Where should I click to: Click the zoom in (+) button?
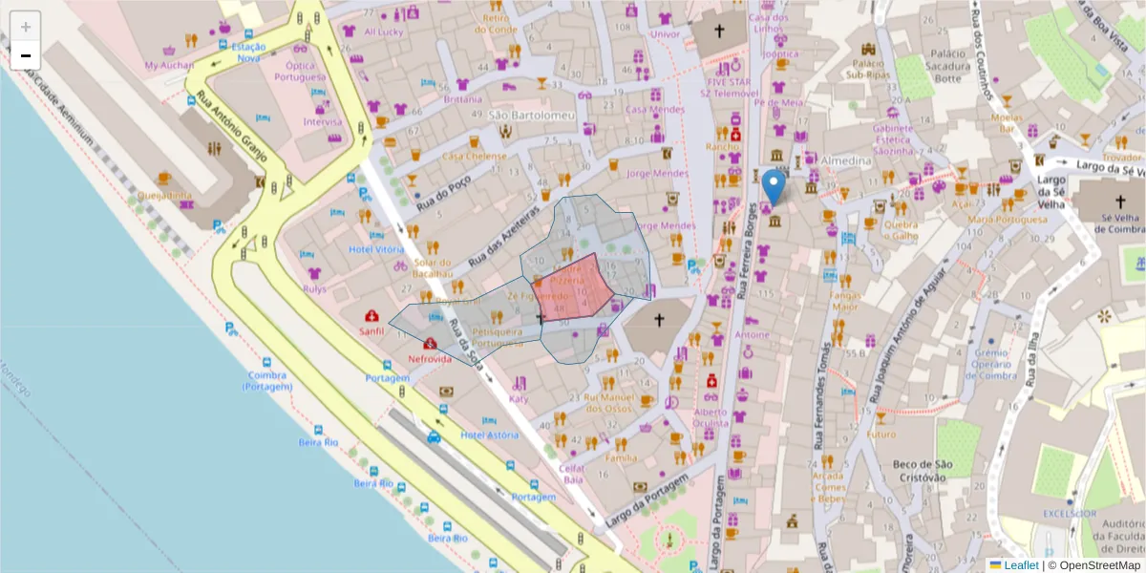[26, 27]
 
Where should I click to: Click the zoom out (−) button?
[26, 55]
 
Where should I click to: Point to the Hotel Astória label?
[490, 435]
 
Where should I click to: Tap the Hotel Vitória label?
[376, 249]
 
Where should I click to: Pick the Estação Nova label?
[248, 53]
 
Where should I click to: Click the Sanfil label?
[371, 331]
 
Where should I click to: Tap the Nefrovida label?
[430, 359]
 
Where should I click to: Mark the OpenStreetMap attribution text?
[1099, 565]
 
